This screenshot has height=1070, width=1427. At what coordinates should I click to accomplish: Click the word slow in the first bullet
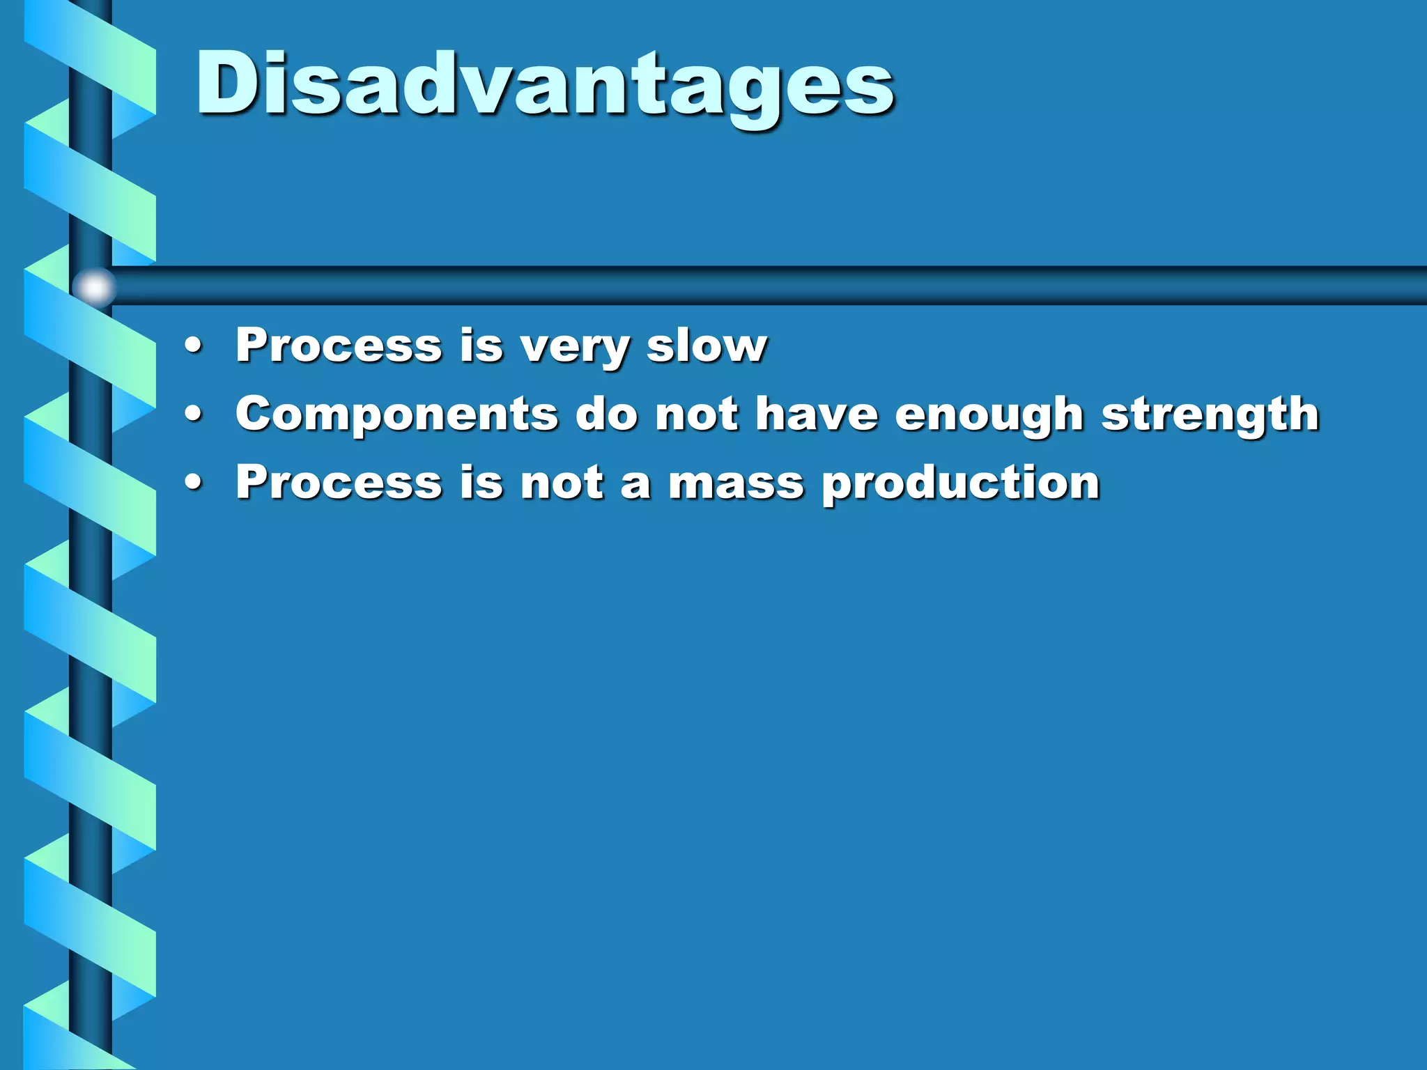pyautogui.click(x=707, y=345)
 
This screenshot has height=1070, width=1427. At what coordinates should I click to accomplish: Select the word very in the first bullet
pyautogui.click(x=576, y=346)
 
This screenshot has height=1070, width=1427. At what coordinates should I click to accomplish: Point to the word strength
pyautogui.click(x=1210, y=414)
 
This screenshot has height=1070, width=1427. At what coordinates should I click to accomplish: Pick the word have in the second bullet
pyautogui.click(x=817, y=413)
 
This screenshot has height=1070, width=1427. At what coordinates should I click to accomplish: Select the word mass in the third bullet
pyautogui.click(x=736, y=483)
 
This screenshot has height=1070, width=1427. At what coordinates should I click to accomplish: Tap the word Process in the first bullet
pyautogui.click(x=339, y=345)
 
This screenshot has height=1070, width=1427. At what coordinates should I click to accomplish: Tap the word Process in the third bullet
pyautogui.click(x=339, y=482)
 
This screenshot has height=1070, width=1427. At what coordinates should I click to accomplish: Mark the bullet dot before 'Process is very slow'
pyautogui.click(x=194, y=346)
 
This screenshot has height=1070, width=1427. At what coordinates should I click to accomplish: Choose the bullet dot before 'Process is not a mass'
pyautogui.click(x=194, y=483)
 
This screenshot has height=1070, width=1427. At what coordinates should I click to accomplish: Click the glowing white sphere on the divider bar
pyautogui.click(x=94, y=287)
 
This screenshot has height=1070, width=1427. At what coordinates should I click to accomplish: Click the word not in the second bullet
pyautogui.click(x=696, y=414)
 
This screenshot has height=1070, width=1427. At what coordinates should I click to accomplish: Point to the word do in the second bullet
pyautogui.click(x=606, y=414)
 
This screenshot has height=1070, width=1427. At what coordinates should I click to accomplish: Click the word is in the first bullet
pyautogui.click(x=481, y=345)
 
